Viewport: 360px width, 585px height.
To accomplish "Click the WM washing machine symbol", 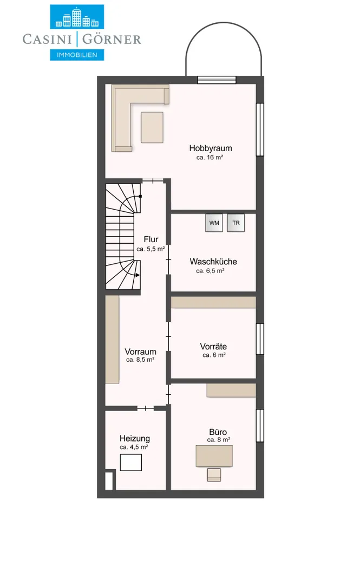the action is pos(214,223).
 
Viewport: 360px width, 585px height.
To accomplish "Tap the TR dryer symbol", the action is pos(236,223).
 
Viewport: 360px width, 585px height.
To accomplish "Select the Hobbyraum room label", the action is pos(211,148).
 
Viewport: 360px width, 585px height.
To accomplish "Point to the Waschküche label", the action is pos(213,262).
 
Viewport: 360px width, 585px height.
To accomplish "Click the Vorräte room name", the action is pos(213,347).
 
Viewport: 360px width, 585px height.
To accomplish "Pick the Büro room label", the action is pos(218,432).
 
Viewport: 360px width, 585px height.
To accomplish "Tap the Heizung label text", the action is pos(135,439).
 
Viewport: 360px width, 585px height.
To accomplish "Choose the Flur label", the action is pos(150,239).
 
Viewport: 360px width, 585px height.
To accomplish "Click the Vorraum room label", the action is pos(140,352).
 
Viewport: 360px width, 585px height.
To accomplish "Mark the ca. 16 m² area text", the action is pos(210,158).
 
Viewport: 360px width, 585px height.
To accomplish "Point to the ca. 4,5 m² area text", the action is pos(134,447).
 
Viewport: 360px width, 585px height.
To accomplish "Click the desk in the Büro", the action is pos(214,456).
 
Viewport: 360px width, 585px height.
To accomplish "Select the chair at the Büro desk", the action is pos(214,474).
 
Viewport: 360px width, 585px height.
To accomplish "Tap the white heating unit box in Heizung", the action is pos(130,463).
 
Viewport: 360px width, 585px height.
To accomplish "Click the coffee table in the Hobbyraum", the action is pos(152,127).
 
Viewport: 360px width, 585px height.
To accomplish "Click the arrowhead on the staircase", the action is pos(138,275).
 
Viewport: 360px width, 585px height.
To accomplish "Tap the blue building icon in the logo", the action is pos(77,17).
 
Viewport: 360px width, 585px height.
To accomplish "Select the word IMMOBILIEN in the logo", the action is pos(77,55).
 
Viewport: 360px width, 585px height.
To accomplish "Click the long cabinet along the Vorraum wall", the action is pos(112,340).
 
